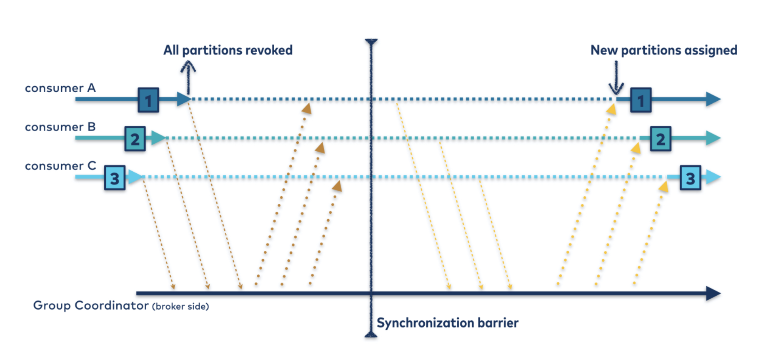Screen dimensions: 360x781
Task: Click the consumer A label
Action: pyautogui.click(x=60, y=88)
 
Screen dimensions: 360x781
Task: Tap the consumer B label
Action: pyautogui.click(x=60, y=127)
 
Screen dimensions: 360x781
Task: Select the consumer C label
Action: pyautogui.click(x=60, y=166)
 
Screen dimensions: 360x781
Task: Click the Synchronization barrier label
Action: pyautogui.click(x=448, y=323)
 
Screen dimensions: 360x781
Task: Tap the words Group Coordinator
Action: pyautogui.click(x=91, y=305)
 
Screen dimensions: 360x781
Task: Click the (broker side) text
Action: pyautogui.click(x=180, y=307)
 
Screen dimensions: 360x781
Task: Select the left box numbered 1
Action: pyautogui.click(x=148, y=100)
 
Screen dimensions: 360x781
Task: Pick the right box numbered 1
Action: pyautogui.click(x=641, y=100)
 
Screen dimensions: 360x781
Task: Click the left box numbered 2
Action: pyautogui.click(x=135, y=139)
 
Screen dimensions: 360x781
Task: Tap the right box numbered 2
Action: pyautogui.click(x=661, y=139)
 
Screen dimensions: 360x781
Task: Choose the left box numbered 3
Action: pyautogui.click(x=115, y=178)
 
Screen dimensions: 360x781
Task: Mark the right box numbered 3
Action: pyautogui.click(x=690, y=178)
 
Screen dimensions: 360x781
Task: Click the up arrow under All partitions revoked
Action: pyautogui.click(x=188, y=77)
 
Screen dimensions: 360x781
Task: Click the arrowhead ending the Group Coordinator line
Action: pyautogui.click(x=713, y=293)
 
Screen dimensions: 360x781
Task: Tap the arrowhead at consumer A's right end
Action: pyautogui.click(x=713, y=99)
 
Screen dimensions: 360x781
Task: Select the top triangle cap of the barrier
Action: pyautogui.click(x=371, y=42)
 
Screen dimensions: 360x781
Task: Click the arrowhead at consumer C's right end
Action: pyautogui.click(x=713, y=177)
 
